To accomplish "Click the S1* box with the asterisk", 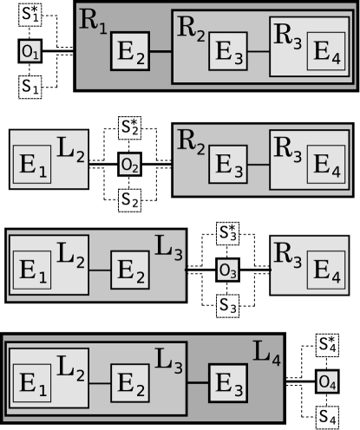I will coord(30,16).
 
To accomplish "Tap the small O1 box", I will coord(30,51).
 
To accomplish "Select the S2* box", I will coord(130,127).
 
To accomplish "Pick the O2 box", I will coord(130,164).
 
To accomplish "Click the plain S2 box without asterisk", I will coord(130,200).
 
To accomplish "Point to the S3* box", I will coord(228,234).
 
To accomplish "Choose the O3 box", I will coord(228,270).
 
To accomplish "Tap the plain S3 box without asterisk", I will coord(228,306).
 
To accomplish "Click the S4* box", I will coord(327,344).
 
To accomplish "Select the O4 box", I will coord(327,381).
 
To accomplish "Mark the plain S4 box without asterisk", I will coord(327,417).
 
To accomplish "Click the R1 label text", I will coord(94,22).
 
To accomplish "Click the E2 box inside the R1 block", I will coord(131,53).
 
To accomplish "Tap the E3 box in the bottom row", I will coord(228,381).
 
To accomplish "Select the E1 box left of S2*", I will coord(32,165).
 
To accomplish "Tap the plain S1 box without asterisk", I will coord(30,87).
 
